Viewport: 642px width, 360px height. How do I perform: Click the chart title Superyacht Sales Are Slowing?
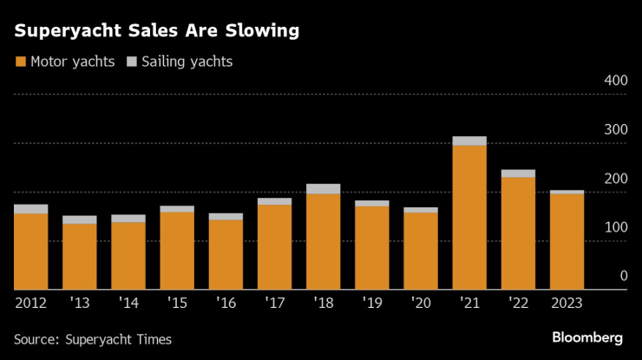tap(156, 31)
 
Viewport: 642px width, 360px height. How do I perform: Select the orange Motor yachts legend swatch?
tap(20, 62)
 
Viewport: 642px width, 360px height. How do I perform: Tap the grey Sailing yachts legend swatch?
tap(133, 62)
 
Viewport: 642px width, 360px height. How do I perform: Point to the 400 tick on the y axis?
tap(615, 81)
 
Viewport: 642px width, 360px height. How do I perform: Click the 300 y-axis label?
tap(615, 129)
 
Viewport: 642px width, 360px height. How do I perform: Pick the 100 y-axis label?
tap(615, 227)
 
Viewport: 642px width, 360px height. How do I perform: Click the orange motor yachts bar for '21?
tap(469, 217)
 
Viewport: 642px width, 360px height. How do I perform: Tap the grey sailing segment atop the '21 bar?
tap(469, 141)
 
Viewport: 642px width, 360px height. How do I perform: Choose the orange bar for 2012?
tap(30, 252)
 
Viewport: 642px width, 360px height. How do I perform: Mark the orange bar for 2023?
tap(567, 241)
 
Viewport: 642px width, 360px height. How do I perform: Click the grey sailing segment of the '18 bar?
tap(323, 188)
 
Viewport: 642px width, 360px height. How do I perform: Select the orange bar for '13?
tap(79, 257)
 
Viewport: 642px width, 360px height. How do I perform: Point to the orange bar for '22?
tap(518, 232)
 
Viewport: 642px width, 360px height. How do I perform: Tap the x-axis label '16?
tap(226, 303)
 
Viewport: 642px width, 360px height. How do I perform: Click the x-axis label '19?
tap(371, 303)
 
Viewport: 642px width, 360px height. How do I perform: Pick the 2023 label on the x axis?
tap(567, 303)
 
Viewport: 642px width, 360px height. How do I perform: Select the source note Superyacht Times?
tap(93, 339)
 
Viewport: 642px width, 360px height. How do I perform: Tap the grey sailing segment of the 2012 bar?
tap(30, 209)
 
